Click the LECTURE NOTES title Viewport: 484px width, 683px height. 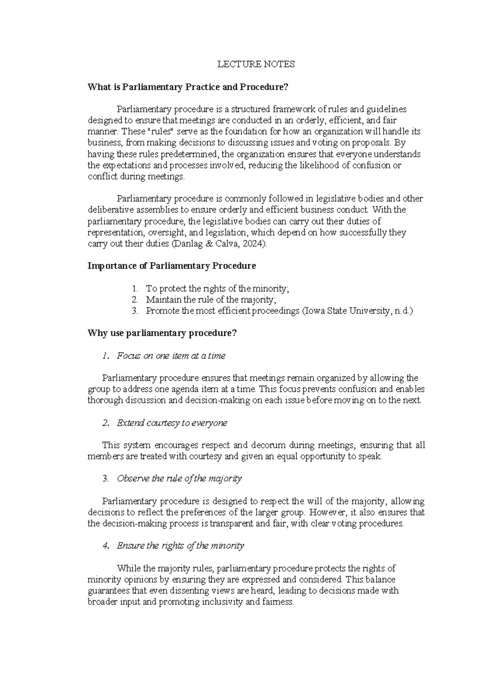pyautogui.click(x=256, y=64)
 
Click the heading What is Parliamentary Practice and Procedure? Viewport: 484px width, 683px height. pyautogui.click(x=188, y=87)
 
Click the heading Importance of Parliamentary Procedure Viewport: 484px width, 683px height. pyautogui.click(x=172, y=266)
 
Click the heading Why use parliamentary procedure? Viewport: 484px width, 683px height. pyautogui.click(x=162, y=333)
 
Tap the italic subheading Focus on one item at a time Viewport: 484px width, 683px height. pyautogui.click(x=171, y=356)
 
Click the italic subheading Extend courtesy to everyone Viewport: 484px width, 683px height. pyautogui.click(x=172, y=423)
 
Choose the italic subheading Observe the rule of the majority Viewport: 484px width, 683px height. pyautogui.click(x=179, y=479)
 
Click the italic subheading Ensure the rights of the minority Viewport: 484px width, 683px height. pyautogui.click(x=180, y=546)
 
